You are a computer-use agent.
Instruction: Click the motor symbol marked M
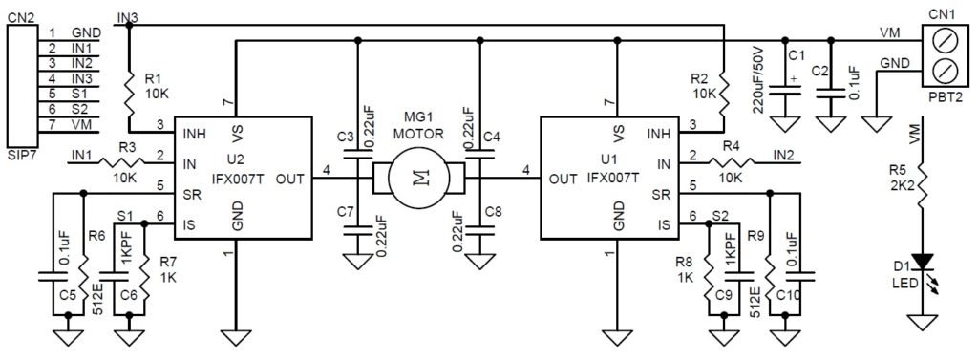click(418, 179)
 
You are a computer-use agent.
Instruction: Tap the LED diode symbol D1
click(922, 262)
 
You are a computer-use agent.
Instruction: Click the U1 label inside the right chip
click(603, 164)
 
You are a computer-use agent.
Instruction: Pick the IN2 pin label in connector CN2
click(82, 62)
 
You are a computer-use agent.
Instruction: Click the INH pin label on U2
click(195, 134)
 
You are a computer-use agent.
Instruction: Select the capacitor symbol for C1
click(784, 91)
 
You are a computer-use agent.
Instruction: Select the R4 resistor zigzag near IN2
click(731, 162)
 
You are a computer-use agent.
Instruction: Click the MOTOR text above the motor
click(418, 133)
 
